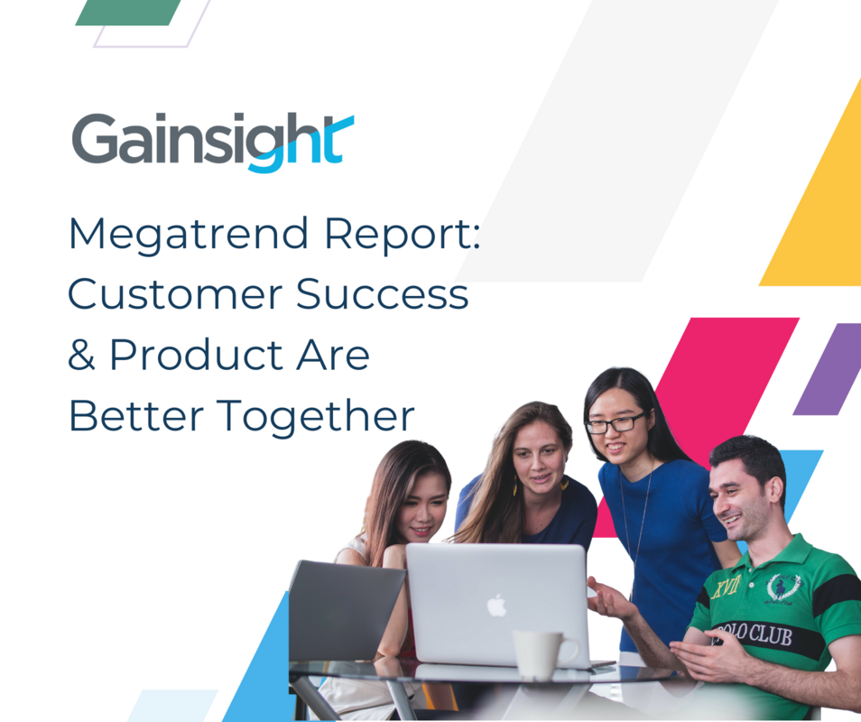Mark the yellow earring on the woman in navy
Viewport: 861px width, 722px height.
(514, 488)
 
